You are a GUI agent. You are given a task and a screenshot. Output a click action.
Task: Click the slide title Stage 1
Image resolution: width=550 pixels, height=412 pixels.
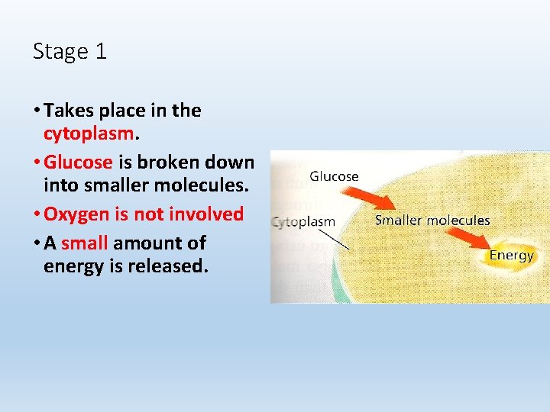70,52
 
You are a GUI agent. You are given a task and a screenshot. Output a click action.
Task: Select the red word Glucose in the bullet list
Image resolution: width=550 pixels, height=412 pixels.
79,162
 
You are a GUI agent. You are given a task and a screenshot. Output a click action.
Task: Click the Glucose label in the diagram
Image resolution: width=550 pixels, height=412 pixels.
334,176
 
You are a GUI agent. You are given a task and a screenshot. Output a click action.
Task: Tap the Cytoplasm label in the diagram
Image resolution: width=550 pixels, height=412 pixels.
304,222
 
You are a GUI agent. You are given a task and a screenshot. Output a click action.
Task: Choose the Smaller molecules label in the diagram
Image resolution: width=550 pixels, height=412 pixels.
432,220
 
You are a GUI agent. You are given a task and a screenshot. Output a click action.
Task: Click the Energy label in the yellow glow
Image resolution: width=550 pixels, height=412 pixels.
511,255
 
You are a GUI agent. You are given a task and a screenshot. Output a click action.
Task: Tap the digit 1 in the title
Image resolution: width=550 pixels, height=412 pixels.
101,52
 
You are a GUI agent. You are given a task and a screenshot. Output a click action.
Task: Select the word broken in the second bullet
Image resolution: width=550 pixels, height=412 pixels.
163,162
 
